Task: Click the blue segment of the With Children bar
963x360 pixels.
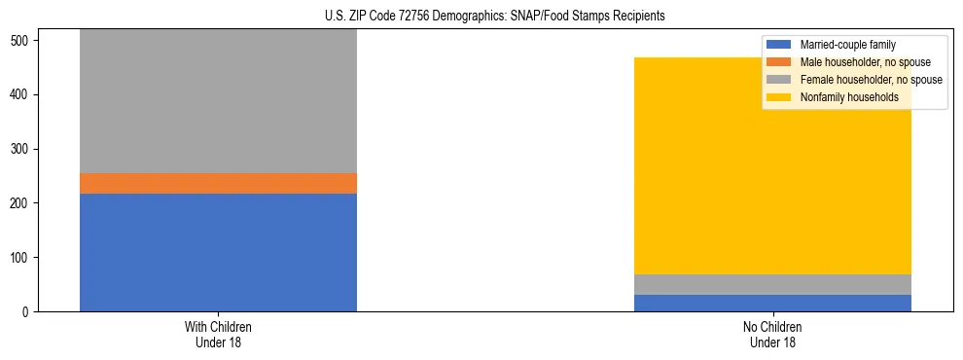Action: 218,252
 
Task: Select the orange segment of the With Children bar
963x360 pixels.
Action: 218,183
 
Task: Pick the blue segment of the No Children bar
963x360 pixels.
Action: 772,303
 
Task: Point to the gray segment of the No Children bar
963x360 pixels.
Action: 772,284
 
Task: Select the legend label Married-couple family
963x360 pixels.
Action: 847,45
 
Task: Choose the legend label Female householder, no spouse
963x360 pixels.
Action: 871,80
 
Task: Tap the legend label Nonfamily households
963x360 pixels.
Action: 848,97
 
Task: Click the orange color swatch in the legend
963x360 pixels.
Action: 779,62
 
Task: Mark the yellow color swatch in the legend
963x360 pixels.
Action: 779,97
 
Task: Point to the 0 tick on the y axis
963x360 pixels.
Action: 27,312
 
